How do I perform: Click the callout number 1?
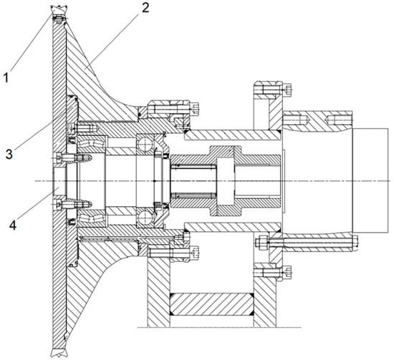(x=6, y=77)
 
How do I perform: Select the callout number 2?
(x=145, y=8)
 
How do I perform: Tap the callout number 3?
(x=9, y=154)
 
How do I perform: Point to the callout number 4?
(x=13, y=225)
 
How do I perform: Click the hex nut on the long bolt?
(x=261, y=243)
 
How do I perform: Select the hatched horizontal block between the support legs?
(x=211, y=303)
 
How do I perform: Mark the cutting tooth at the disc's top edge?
(x=59, y=9)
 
